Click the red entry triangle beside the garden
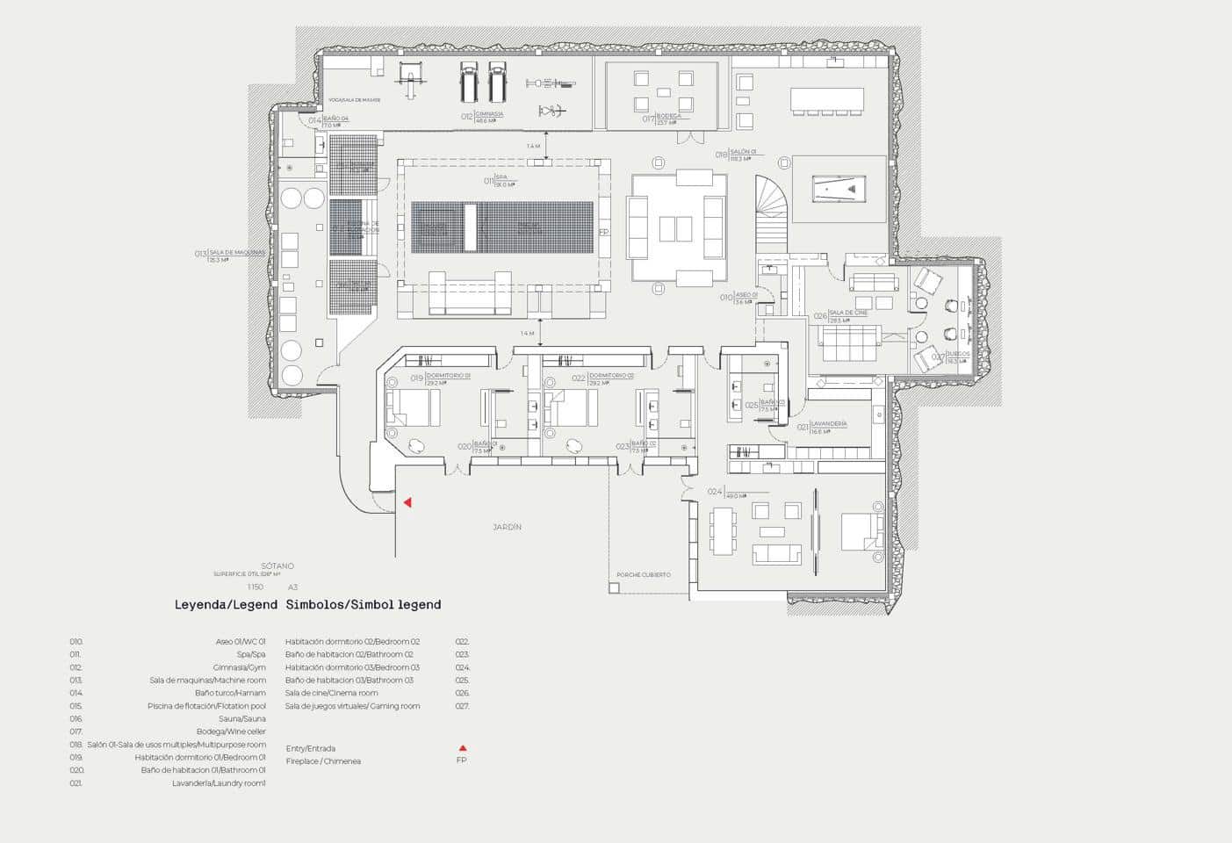(x=407, y=502)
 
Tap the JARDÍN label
(x=507, y=528)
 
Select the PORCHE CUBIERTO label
(x=643, y=575)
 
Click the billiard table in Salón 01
(x=839, y=189)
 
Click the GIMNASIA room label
(x=489, y=114)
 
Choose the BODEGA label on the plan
(x=668, y=116)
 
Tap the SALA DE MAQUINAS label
(x=236, y=253)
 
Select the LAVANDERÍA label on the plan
(x=828, y=424)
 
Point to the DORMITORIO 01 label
(x=448, y=376)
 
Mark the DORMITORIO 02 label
(x=611, y=376)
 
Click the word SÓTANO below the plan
(x=277, y=566)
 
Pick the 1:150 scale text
(x=255, y=587)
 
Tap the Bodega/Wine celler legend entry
(x=231, y=731)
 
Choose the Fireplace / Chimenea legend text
(x=323, y=761)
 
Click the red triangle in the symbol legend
(x=462, y=749)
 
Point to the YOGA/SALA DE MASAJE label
(x=354, y=100)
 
